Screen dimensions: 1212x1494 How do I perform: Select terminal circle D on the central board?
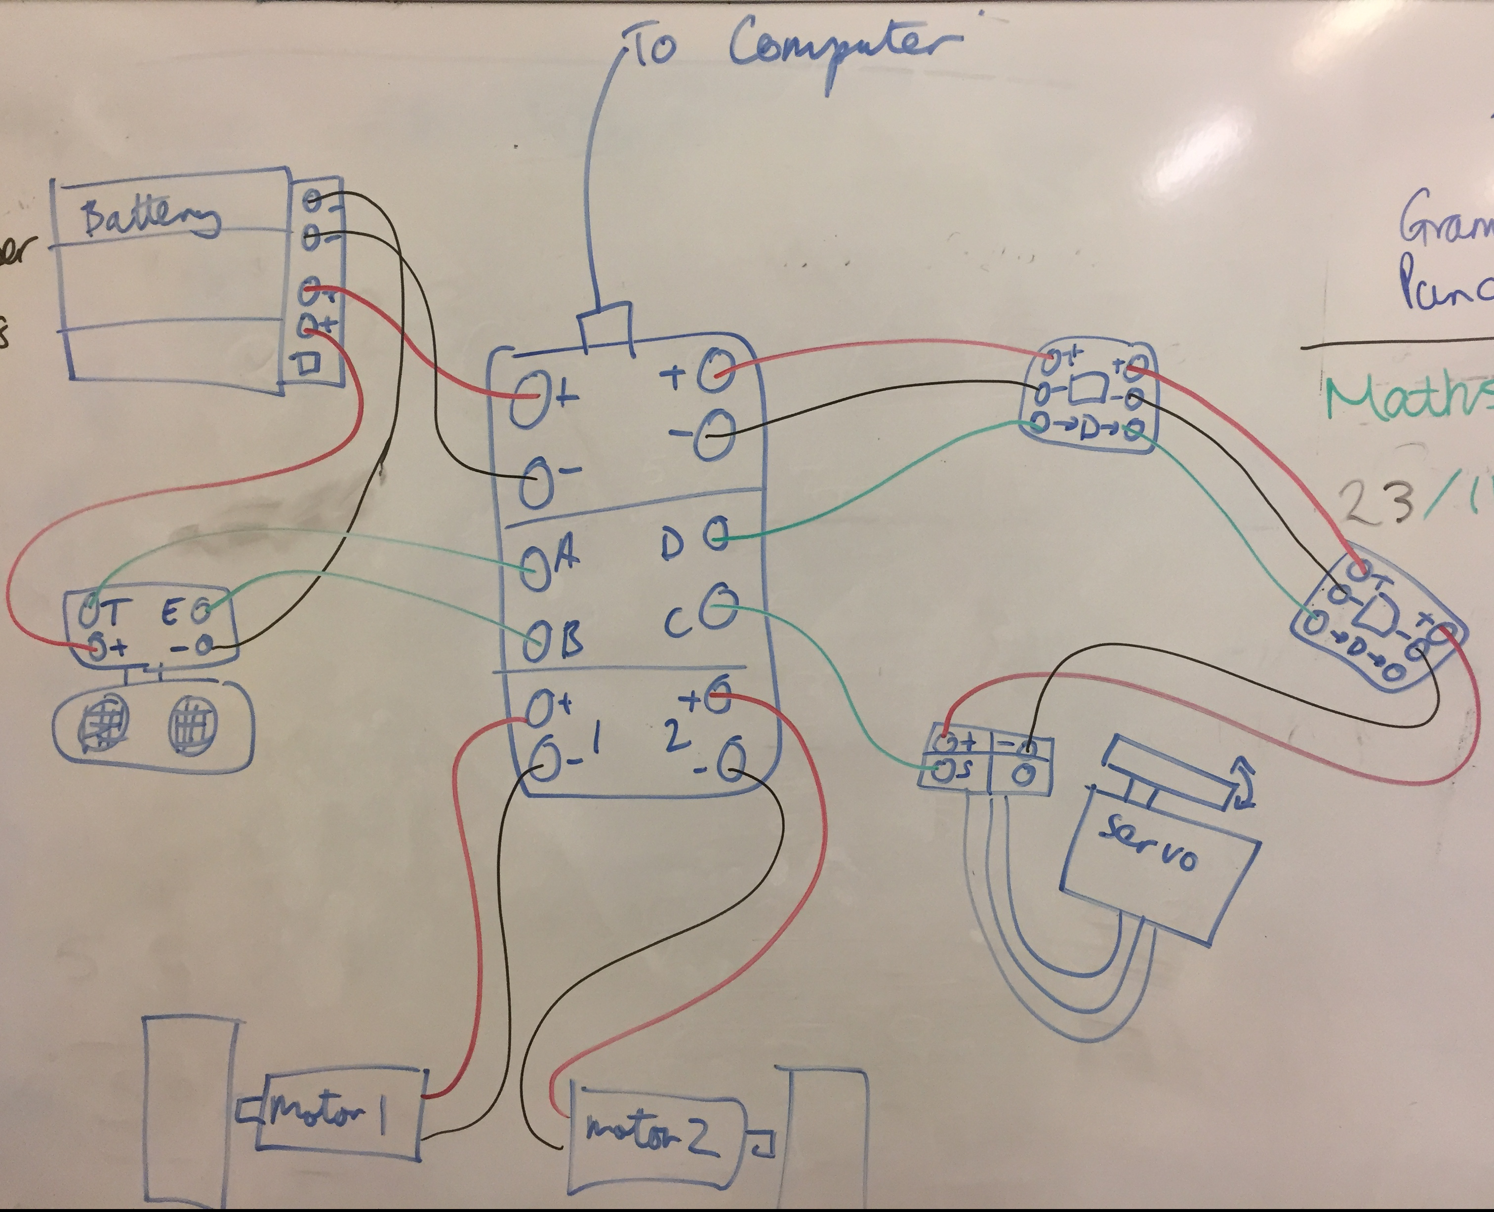(716, 534)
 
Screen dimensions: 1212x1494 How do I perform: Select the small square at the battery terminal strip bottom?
(309, 363)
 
